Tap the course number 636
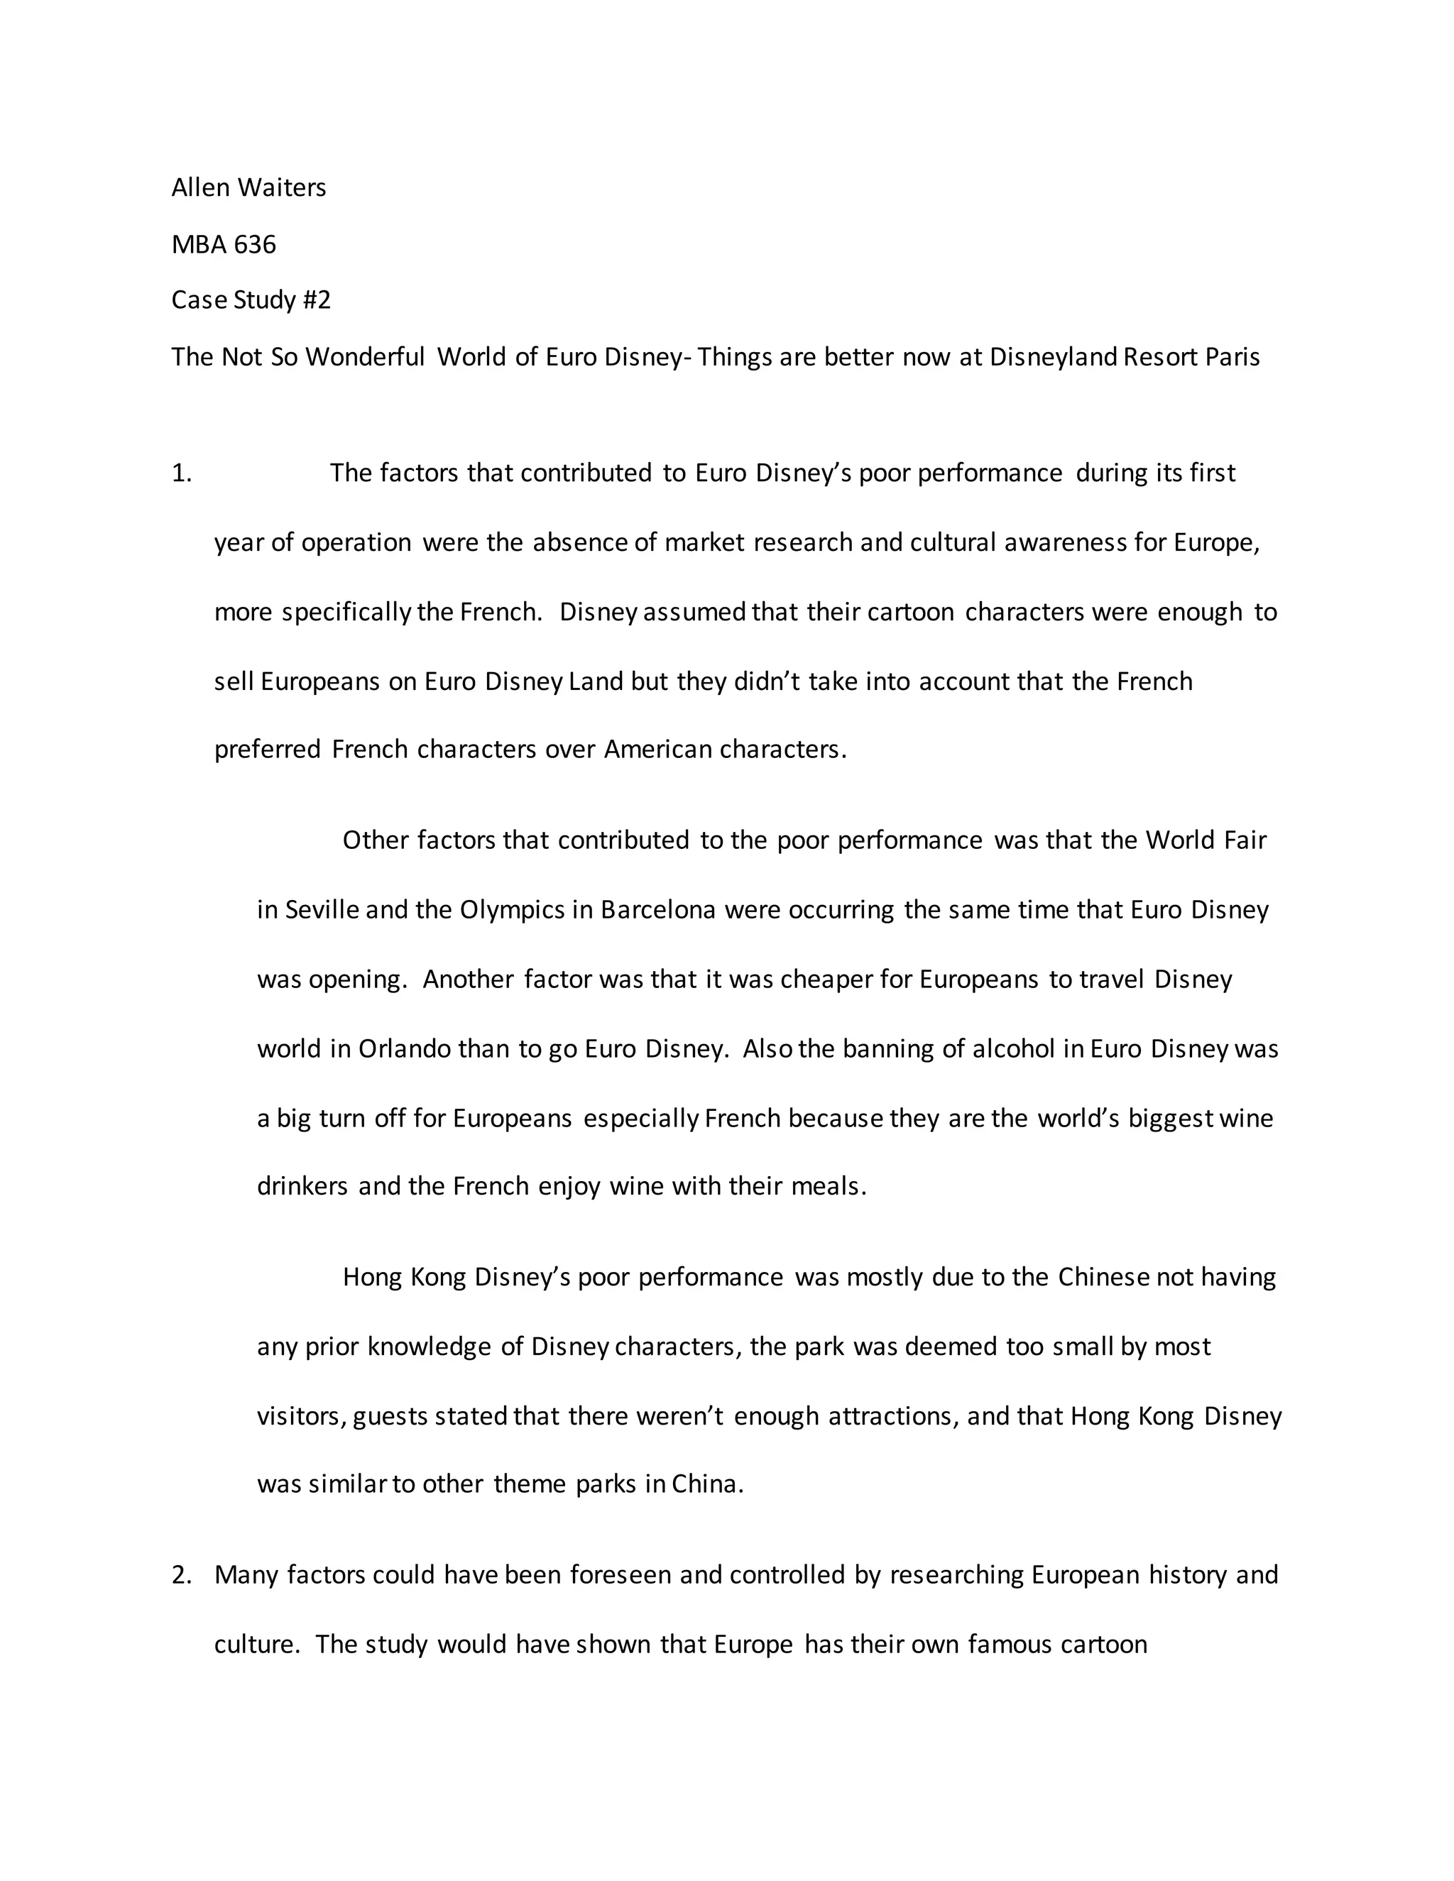coord(255,245)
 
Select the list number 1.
coord(181,473)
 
